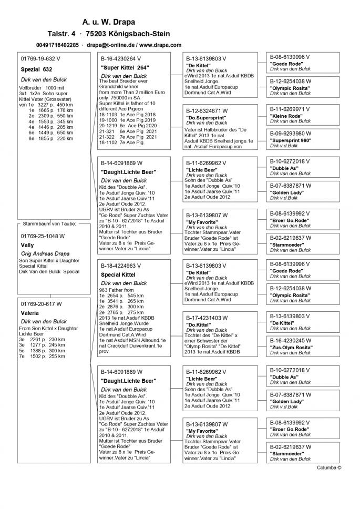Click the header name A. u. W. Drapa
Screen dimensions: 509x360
point(108,22)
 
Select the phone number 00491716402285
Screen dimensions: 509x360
point(58,45)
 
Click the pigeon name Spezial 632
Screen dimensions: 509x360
point(36,69)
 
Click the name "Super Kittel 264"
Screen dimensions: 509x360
point(125,68)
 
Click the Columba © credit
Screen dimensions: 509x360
point(329,467)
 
